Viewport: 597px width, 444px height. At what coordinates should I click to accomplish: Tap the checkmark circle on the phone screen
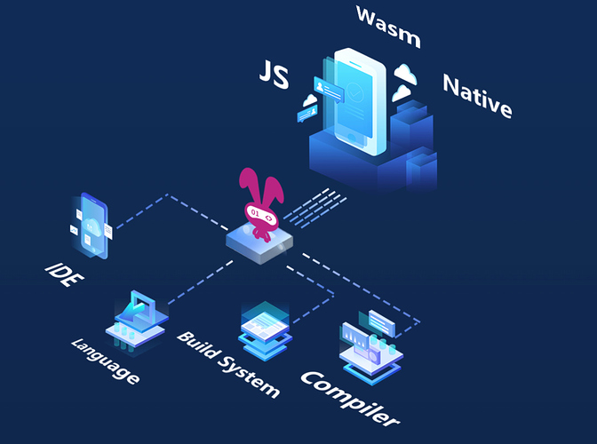click(357, 91)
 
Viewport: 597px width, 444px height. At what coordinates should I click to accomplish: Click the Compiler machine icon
click(371, 342)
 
